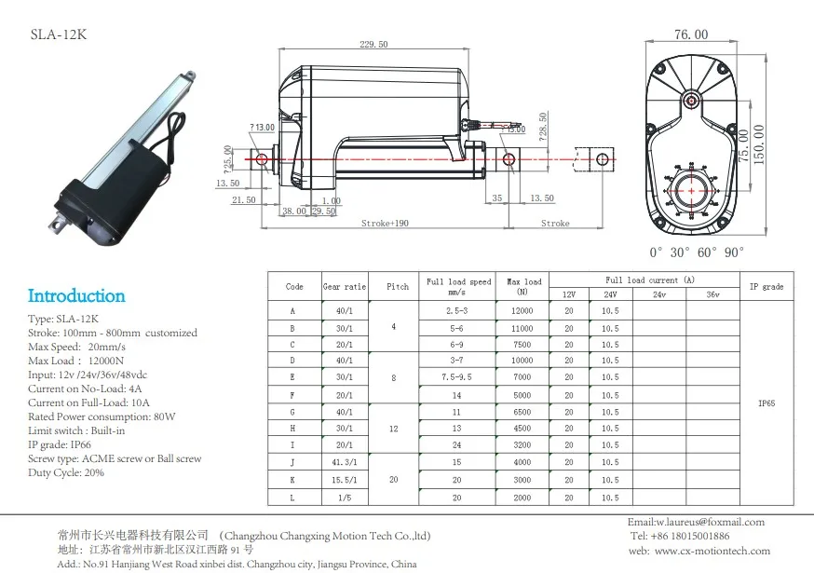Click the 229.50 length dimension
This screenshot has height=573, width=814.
pos(373,44)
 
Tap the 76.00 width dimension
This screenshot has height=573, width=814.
pos(691,34)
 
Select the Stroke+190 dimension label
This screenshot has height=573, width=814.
pos(386,224)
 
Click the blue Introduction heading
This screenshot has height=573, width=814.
pos(76,296)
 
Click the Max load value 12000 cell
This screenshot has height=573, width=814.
pos(522,309)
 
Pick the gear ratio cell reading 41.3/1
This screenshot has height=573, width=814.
pos(344,463)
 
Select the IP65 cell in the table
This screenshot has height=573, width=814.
pos(766,404)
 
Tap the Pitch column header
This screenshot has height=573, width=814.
pos(398,287)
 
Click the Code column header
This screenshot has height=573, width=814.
pos(294,287)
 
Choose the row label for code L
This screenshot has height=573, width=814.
pos(294,498)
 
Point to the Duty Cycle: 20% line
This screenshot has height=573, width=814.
pos(66,472)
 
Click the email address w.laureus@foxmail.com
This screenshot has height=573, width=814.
pos(696,522)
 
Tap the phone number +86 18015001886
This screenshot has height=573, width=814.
pos(680,537)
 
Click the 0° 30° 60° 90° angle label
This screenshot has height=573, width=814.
pos(697,252)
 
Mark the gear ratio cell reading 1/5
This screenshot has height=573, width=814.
pos(344,498)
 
